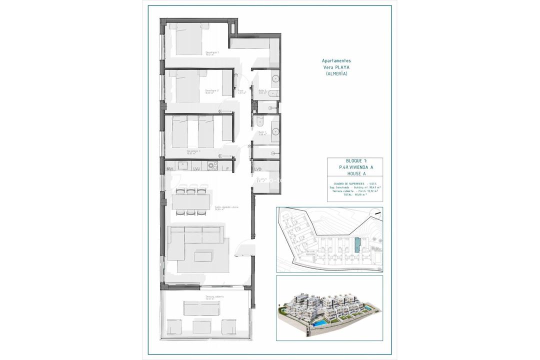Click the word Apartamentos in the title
[336, 61]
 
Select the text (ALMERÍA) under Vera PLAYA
[336, 73]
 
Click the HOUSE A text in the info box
[355, 174]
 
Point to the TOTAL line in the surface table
[355, 195]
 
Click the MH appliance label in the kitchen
[170, 169]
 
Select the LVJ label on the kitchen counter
[196, 169]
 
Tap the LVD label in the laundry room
[258, 169]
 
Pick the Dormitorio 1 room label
[212, 52]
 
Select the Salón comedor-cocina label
[226, 207]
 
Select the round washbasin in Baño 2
[274, 79]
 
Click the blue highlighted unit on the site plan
[356, 245]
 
